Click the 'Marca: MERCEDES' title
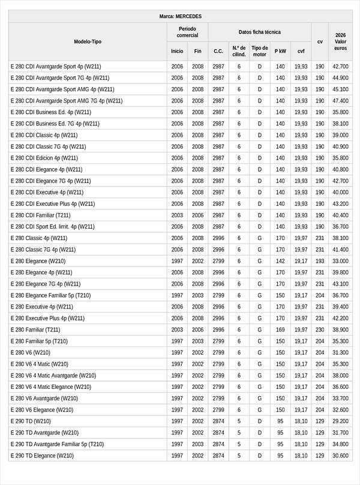pos(180,16)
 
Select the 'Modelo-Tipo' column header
pos(88,41)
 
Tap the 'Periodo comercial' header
pos(187,32)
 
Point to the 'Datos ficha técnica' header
pos(259,32)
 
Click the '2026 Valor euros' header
pos(340,41)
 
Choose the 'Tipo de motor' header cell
pos(260,51)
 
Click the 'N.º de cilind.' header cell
pos(239,51)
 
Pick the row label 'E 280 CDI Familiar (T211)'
pos(40,215)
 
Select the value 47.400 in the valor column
pos(340,101)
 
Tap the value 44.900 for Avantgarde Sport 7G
pos(340,78)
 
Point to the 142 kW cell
pos(280,261)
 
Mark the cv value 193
pos(320,261)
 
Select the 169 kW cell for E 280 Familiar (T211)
pos(280,330)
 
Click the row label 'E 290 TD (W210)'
pos(31,421)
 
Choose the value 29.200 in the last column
pos(340,421)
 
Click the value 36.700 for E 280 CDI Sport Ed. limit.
pos(340,227)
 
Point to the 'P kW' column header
pos(280,51)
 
